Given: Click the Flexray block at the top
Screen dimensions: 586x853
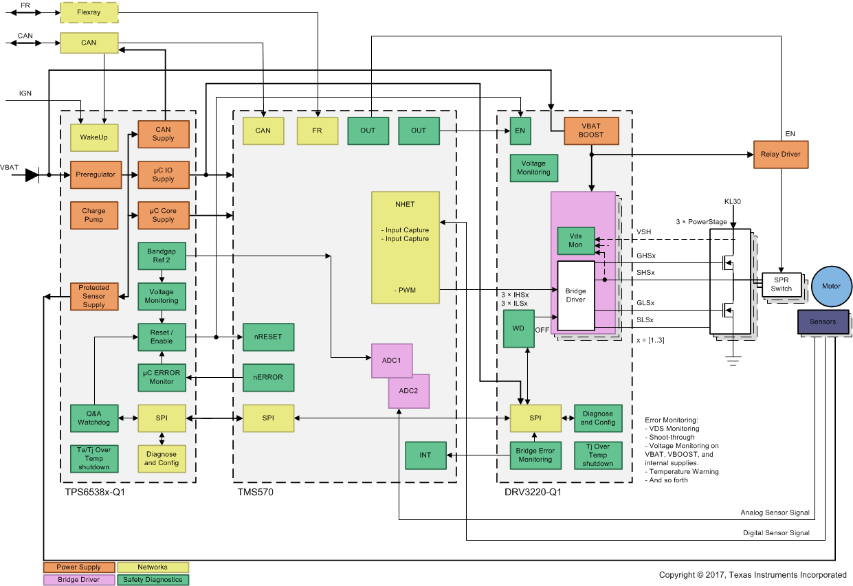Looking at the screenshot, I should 89,12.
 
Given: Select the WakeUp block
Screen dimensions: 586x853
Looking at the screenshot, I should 93,137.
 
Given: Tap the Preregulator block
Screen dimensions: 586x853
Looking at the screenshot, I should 96,174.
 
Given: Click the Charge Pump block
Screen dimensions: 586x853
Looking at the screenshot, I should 93,215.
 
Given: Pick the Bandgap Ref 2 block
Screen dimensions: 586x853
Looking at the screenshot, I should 162,256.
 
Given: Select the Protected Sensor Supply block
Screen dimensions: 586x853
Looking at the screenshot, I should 93,296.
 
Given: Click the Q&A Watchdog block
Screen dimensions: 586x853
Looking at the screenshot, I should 93,418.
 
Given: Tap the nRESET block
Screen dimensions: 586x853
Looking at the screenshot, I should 268,337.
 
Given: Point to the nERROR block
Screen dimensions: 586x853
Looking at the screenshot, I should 268,377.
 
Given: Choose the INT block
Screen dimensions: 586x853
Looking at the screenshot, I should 425,455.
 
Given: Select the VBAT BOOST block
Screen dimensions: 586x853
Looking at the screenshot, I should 591,131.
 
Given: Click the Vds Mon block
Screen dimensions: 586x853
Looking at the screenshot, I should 575,240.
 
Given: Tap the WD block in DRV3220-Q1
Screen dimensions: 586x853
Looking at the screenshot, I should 518,328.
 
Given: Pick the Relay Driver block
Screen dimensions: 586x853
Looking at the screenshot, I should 781,155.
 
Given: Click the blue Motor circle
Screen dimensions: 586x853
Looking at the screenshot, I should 831,286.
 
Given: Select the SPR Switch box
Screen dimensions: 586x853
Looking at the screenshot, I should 781,284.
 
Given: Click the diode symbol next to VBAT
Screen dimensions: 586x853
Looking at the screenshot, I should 32,175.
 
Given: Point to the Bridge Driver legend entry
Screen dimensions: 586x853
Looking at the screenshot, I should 78,580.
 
